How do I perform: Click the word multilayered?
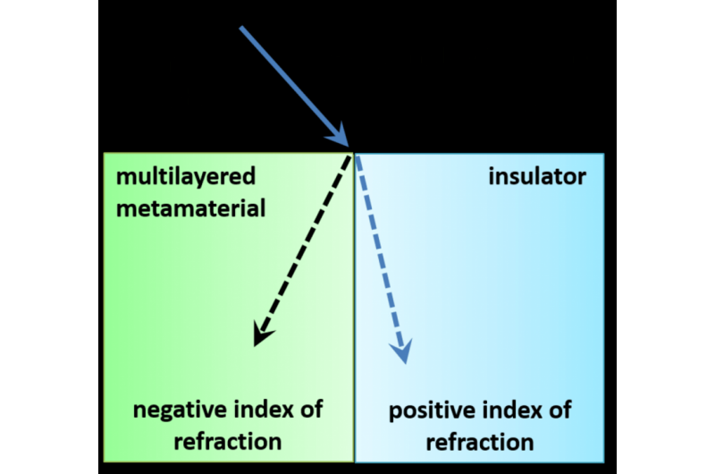click(185, 177)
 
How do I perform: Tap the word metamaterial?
click(190, 208)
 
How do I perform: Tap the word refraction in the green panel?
click(228, 441)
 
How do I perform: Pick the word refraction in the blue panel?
click(480, 443)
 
